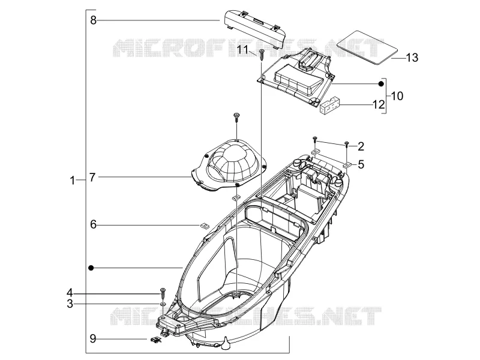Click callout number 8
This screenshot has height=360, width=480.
click(x=93, y=20)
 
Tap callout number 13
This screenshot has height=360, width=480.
click(x=412, y=58)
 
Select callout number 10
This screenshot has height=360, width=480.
click(x=397, y=96)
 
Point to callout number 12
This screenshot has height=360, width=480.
click(x=379, y=104)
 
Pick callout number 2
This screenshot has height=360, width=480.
click(x=361, y=146)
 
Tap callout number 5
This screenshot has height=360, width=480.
click(x=361, y=164)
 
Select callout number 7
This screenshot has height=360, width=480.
click(x=92, y=177)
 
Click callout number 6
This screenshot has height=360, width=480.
click(x=93, y=224)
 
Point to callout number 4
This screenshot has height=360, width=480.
click(x=70, y=293)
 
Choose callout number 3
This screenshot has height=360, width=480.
click(x=70, y=304)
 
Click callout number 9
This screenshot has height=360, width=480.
click(x=93, y=339)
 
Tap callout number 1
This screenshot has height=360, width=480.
click(x=72, y=181)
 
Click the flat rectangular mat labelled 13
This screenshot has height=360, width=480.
click(x=367, y=47)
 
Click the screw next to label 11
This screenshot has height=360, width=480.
click(x=262, y=55)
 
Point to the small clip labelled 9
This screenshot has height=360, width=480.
click(x=156, y=339)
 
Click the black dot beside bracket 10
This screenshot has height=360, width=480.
click(x=381, y=83)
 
